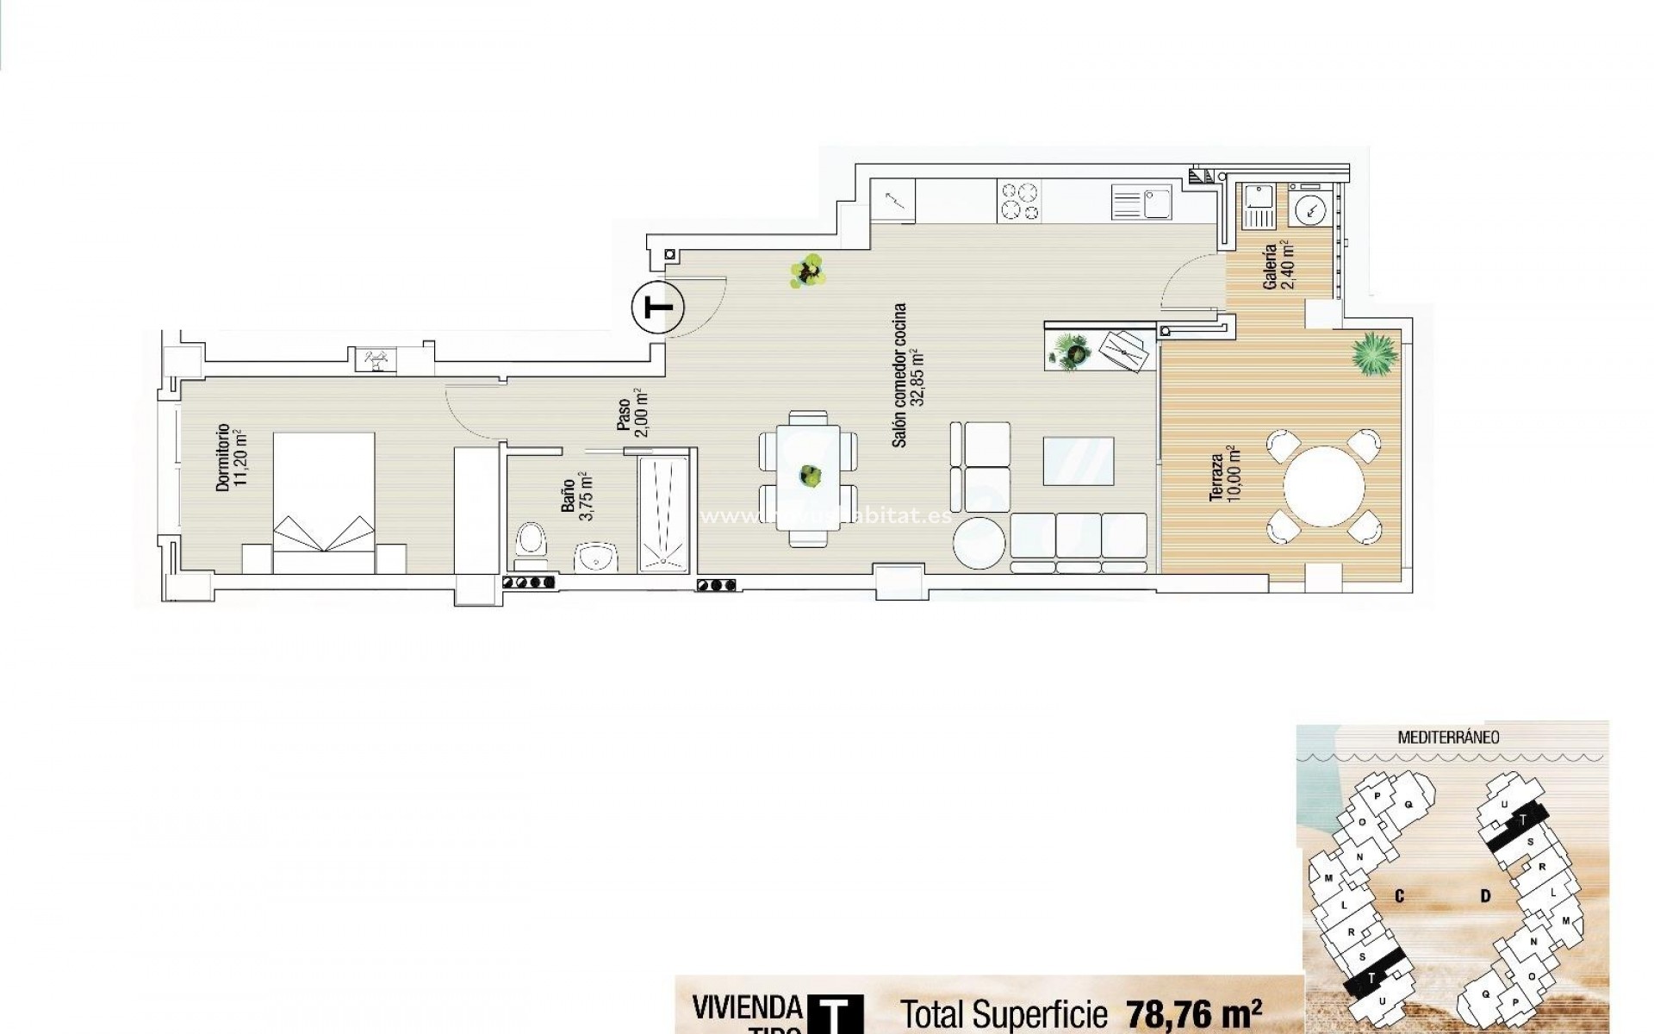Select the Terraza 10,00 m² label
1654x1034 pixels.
(1223, 473)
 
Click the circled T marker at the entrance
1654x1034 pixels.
(657, 307)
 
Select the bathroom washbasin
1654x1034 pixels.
(596, 557)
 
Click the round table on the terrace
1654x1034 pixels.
(1323, 486)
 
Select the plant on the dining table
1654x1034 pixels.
(809, 473)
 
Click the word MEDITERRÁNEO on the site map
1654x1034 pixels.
(1448, 738)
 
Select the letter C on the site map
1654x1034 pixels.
(1399, 896)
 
